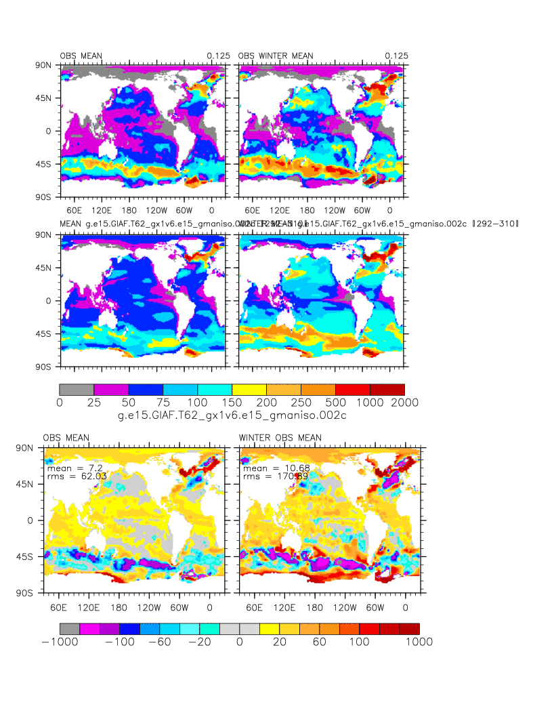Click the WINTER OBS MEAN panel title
[x=280, y=437]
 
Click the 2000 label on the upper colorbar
[x=404, y=403]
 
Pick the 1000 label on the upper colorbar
[x=370, y=403]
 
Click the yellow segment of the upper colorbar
[x=249, y=390]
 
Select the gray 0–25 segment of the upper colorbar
[x=77, y=390]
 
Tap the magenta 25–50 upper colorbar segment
[x=111, y=390]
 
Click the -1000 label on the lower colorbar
[x=59, y=642]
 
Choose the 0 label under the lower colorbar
[x=240, y=642]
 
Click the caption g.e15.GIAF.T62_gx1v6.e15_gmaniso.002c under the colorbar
[x=232, y=415]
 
